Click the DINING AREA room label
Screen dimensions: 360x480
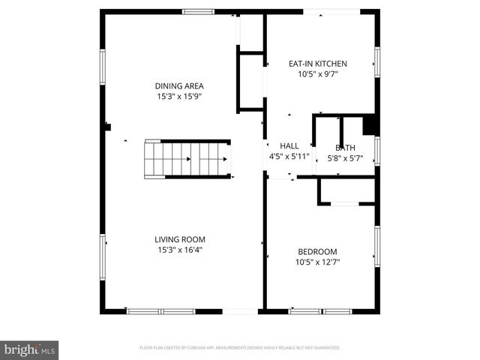coord(179,85)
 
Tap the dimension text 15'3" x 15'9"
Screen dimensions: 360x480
coord(179,97)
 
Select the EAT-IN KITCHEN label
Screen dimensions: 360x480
coord(318,64)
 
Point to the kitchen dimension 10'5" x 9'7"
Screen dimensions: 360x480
coord(318,74)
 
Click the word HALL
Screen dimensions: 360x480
coord(289,145)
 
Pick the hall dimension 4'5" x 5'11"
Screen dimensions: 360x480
coord(289,157)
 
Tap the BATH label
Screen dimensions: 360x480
coord(346,148)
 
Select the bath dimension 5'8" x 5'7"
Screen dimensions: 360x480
coord(346,158)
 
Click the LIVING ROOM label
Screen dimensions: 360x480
coord(180,239)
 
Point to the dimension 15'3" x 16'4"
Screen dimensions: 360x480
coord(180,250)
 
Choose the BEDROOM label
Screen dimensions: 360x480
coord(317,251)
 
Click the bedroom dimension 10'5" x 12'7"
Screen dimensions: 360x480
coord(317,262)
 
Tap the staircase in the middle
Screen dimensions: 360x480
coord(187,158)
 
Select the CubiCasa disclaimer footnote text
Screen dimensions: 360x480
coord(240,348)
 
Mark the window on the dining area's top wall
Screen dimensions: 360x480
coord(198,11)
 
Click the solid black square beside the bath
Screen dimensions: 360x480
coord(370,124)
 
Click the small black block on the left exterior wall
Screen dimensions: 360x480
coord(107,127)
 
